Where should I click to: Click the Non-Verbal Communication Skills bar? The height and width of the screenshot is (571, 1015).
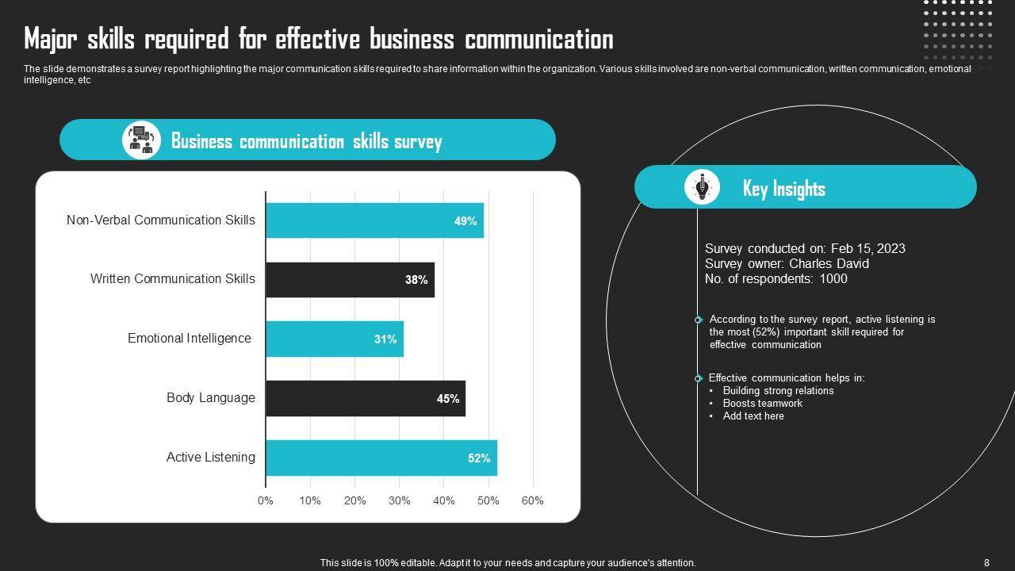click(374, 220)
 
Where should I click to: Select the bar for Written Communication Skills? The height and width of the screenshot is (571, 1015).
click(350, 280)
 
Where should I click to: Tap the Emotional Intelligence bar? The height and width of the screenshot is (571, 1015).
click(335, 339)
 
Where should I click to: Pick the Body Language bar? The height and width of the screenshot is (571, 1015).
click(366, 398)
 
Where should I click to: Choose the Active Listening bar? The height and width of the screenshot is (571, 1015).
click(381, 458)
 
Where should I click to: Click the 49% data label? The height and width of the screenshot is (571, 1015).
click(465, 221)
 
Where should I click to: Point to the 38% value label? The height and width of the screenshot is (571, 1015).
click(416, 280)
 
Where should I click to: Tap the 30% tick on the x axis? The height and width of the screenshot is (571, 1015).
click(400, 500)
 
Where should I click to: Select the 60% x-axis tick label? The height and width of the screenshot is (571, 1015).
click(533, 500)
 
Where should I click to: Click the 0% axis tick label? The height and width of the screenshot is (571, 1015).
click(266, 500)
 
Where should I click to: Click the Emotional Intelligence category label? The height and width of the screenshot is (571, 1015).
click(190, 339)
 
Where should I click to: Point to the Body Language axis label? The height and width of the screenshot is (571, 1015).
click(211, 398)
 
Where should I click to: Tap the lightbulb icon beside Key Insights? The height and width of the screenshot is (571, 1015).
click(702, 187)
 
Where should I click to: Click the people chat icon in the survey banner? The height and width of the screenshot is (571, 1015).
click(141, 140)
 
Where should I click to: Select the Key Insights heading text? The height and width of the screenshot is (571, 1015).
click(783, 189)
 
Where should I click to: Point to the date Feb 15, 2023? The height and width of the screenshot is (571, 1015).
click(868, 248)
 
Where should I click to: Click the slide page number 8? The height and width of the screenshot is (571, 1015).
click(986, 563)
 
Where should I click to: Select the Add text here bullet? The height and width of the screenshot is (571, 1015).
click(753, 416)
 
